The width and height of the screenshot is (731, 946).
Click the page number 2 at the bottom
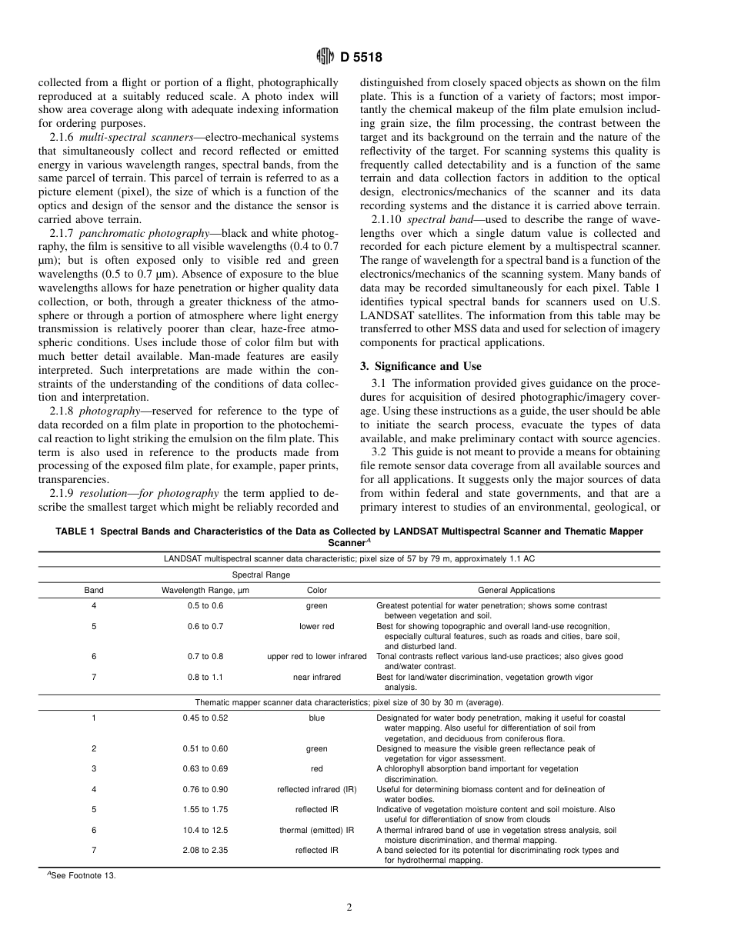click(x=349, y=907)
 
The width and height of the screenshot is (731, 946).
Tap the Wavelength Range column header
click(x=205, y=591)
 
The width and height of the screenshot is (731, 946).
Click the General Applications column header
click(x=516, y=591)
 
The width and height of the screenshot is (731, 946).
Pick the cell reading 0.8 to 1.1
click(x=205, y=678)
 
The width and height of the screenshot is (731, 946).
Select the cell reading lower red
click(x=317, y=626)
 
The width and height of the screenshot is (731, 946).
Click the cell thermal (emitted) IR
click(x=317, y=831)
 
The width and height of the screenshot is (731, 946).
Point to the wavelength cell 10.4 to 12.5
click(x=205, y=831)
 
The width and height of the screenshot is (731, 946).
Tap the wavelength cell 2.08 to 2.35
click(x=205, y=851)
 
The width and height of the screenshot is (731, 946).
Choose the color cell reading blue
click(x=317, y=718)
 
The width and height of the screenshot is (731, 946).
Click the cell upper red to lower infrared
click(x=317, y=657)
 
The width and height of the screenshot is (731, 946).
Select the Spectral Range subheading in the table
click(x=262, y=575)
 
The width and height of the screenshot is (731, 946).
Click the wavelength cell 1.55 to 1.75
click(x=205, y=810)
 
